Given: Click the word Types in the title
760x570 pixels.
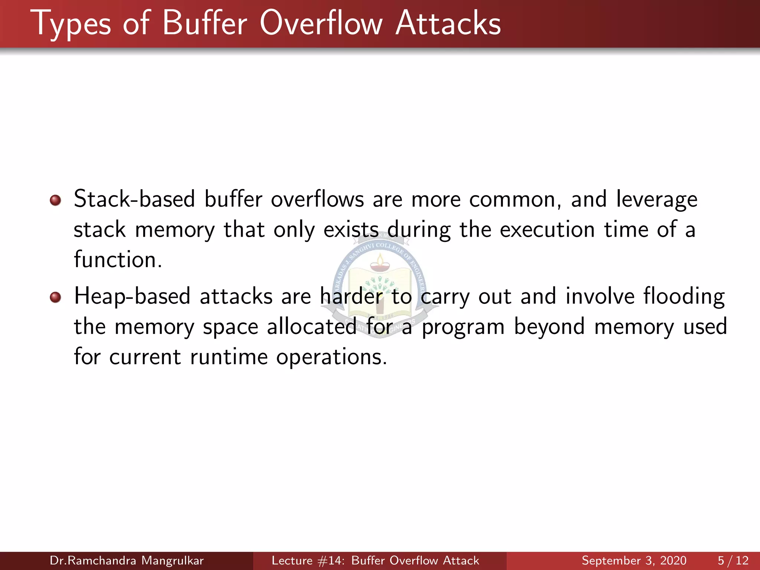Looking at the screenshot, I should point(71,24).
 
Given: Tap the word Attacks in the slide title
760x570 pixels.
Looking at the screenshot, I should point(448,23).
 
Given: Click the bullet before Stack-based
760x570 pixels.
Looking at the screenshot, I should point(55,200).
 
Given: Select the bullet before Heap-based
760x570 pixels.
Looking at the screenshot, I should point(55,297).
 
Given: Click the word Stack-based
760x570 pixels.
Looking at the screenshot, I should point(134,199).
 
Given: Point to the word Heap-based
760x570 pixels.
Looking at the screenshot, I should point(132,297).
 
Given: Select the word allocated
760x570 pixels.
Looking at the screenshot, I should point(312,327).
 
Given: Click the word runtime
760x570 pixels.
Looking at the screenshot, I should point(229,357).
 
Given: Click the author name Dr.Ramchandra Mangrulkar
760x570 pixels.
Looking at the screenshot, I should point(127,560).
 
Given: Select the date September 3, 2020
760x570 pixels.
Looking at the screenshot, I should point(634,560).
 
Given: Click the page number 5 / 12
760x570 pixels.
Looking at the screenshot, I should point(733,560).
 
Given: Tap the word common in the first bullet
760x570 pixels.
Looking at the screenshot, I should point(515,200).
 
